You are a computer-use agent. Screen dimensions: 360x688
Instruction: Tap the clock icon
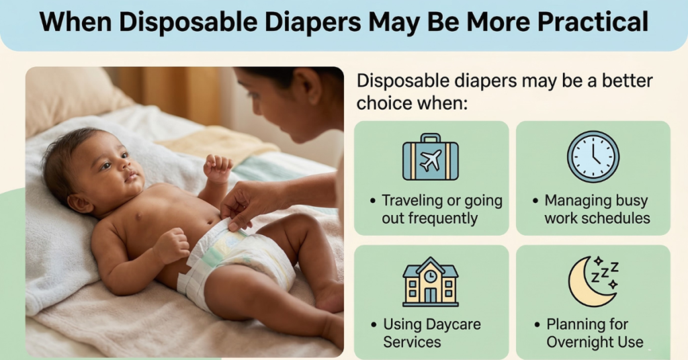tap(593, 156)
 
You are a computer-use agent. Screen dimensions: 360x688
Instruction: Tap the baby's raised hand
tap(218, 168)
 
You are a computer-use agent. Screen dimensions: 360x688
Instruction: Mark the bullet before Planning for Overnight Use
tap(537, 325)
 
